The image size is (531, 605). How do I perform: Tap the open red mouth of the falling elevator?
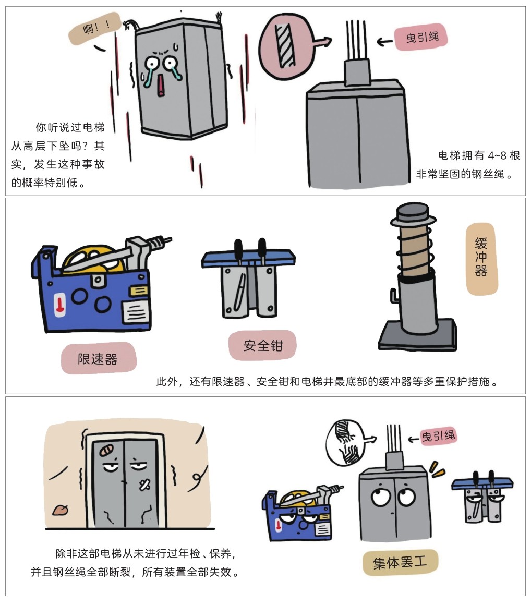coord(160,86)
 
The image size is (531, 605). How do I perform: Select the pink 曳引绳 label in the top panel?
coord(421,37)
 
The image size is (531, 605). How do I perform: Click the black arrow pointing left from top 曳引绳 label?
coord(385,41)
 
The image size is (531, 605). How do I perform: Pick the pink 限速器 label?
coord(99,359)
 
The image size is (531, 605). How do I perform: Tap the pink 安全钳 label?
coord(263,345)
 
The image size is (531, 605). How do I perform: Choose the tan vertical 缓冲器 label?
coord(481,258)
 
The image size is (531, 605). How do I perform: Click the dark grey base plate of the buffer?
coord(417,335)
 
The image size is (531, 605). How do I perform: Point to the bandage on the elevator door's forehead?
coord(106,450)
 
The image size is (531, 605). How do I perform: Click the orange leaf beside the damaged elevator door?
coord(60,510)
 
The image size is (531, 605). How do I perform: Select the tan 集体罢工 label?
coord(400,563)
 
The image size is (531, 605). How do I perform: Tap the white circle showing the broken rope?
coord(345,442)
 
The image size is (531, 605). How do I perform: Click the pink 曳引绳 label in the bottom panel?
coord(438,437)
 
